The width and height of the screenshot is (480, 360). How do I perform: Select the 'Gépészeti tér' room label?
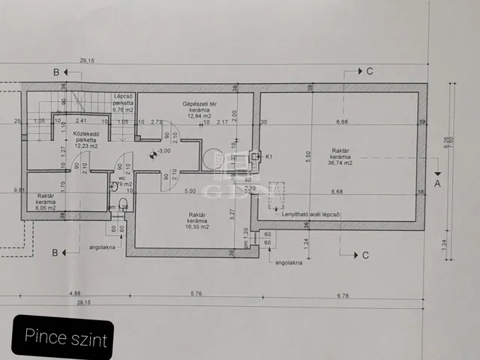(199, 103)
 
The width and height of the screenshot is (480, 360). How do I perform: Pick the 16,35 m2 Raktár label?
(198, 219)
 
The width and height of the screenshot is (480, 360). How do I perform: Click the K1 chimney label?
(268, 157)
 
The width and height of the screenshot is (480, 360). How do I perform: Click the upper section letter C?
(369, 71)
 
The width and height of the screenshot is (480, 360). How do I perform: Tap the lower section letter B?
(55, 252)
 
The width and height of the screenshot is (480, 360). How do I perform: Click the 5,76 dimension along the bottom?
(196, 292)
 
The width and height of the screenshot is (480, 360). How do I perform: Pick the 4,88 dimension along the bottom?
(73, 292)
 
